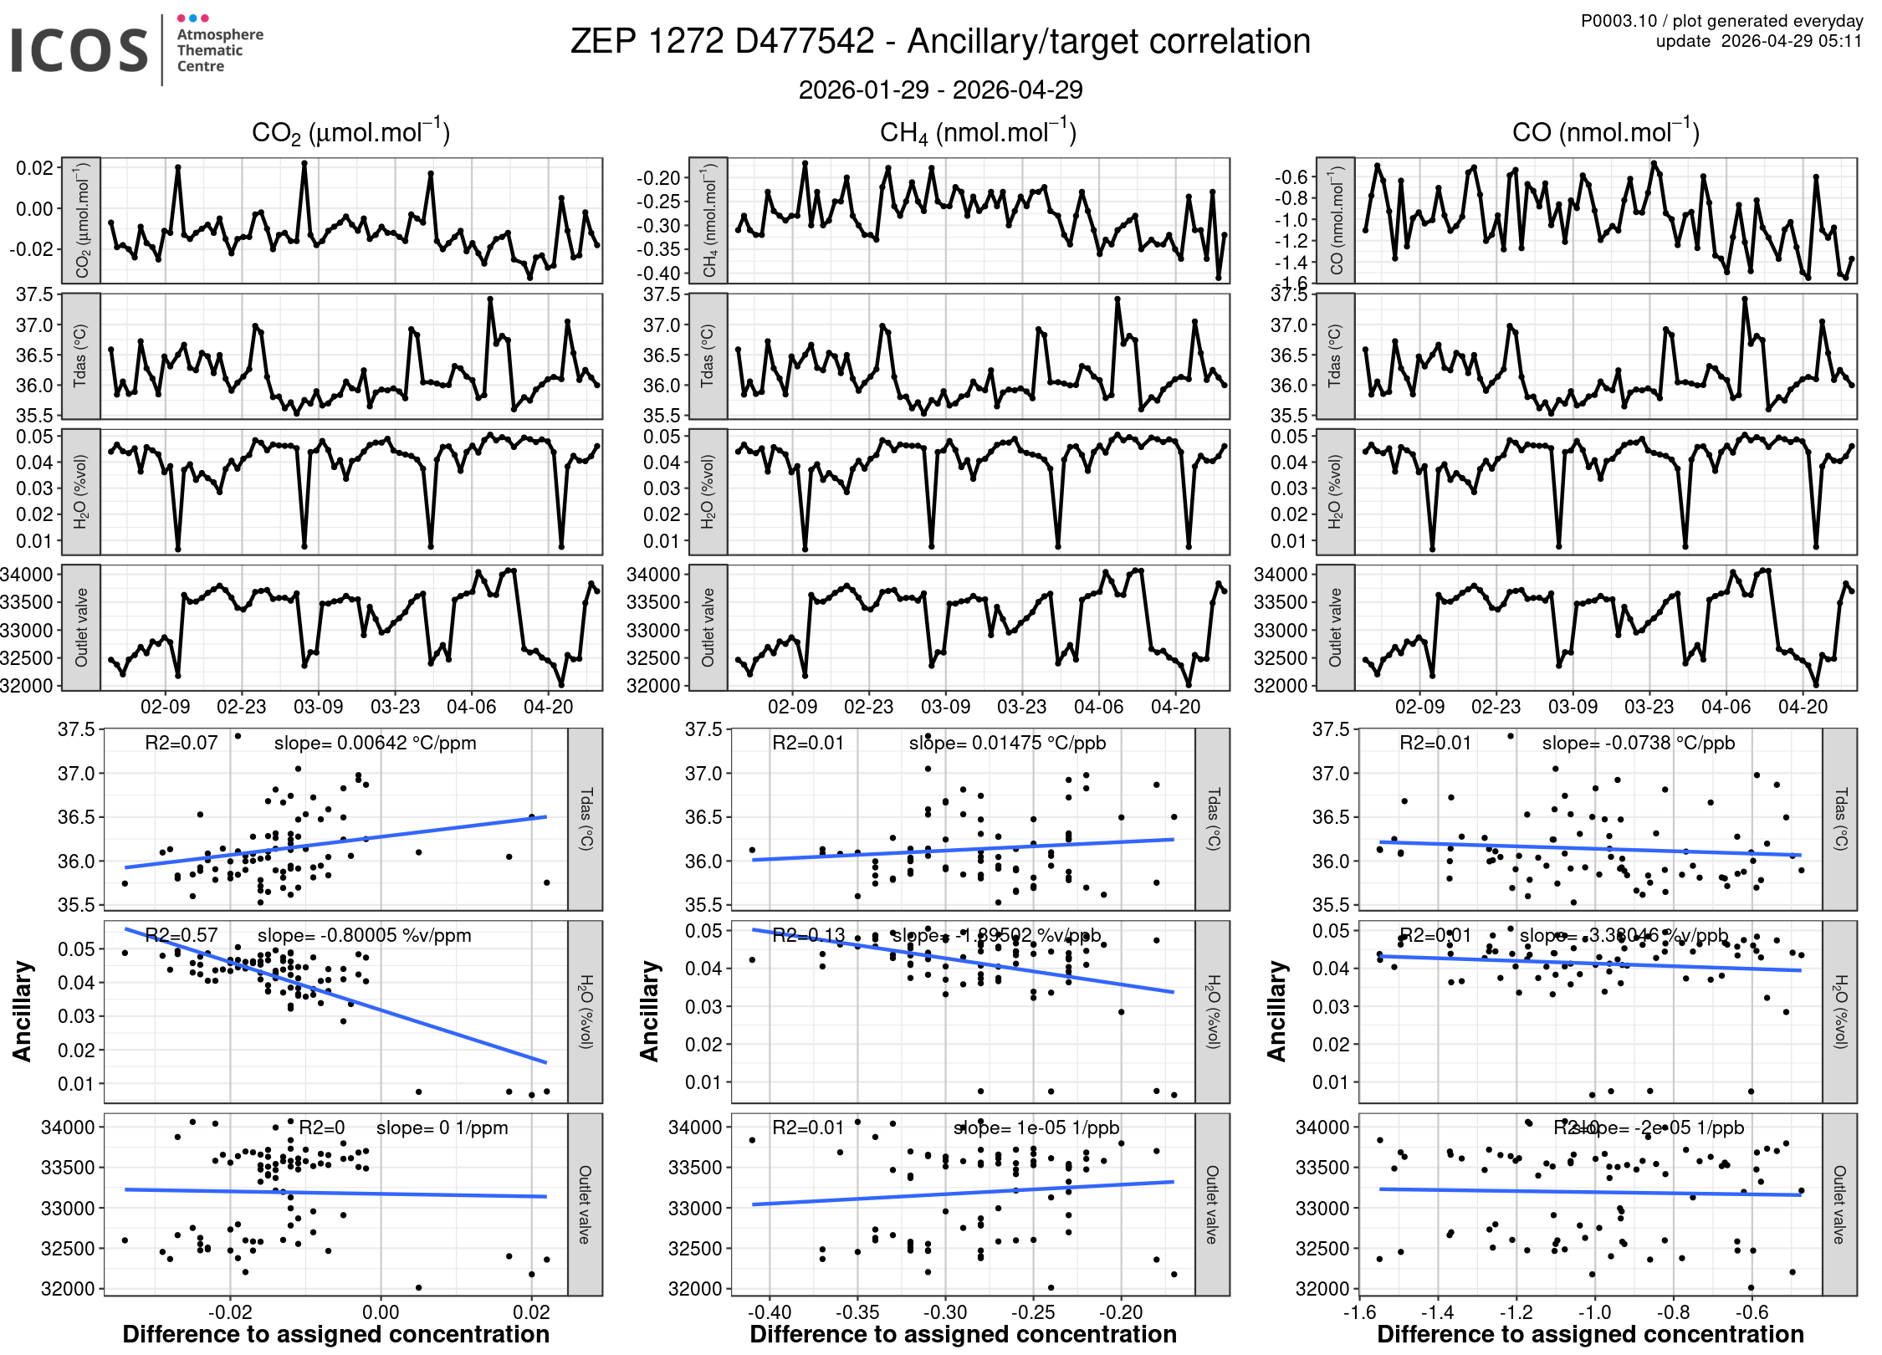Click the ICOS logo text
click(x=79, y=50)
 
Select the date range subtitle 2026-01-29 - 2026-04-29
click(x=940, y=89)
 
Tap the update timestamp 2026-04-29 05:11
click(x=1791, y=41)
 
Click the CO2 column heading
click(x=350, y=132)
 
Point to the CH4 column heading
click(x=978, y=132)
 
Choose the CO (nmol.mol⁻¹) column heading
click(x=1605, y=132)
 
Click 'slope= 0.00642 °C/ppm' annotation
click(x=375, y=743)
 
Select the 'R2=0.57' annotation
click(x=181, y=935)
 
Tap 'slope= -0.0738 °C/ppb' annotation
click(x=1638, y=743)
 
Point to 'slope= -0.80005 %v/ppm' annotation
click(x=364, y=935)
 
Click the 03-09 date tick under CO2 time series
click(x=318, y=707)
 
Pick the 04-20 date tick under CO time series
click(x=1803, y=707)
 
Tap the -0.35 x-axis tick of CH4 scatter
click(x=857, y=1312)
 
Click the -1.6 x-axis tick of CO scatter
click(x=1359, y=1312)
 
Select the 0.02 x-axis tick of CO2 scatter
click(x=531, y=1312)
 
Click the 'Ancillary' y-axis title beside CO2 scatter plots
click(x=23, y=1011)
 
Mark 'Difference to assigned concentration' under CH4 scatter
click(x=963, y=1334)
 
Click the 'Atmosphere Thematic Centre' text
click(x=219, y=50)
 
